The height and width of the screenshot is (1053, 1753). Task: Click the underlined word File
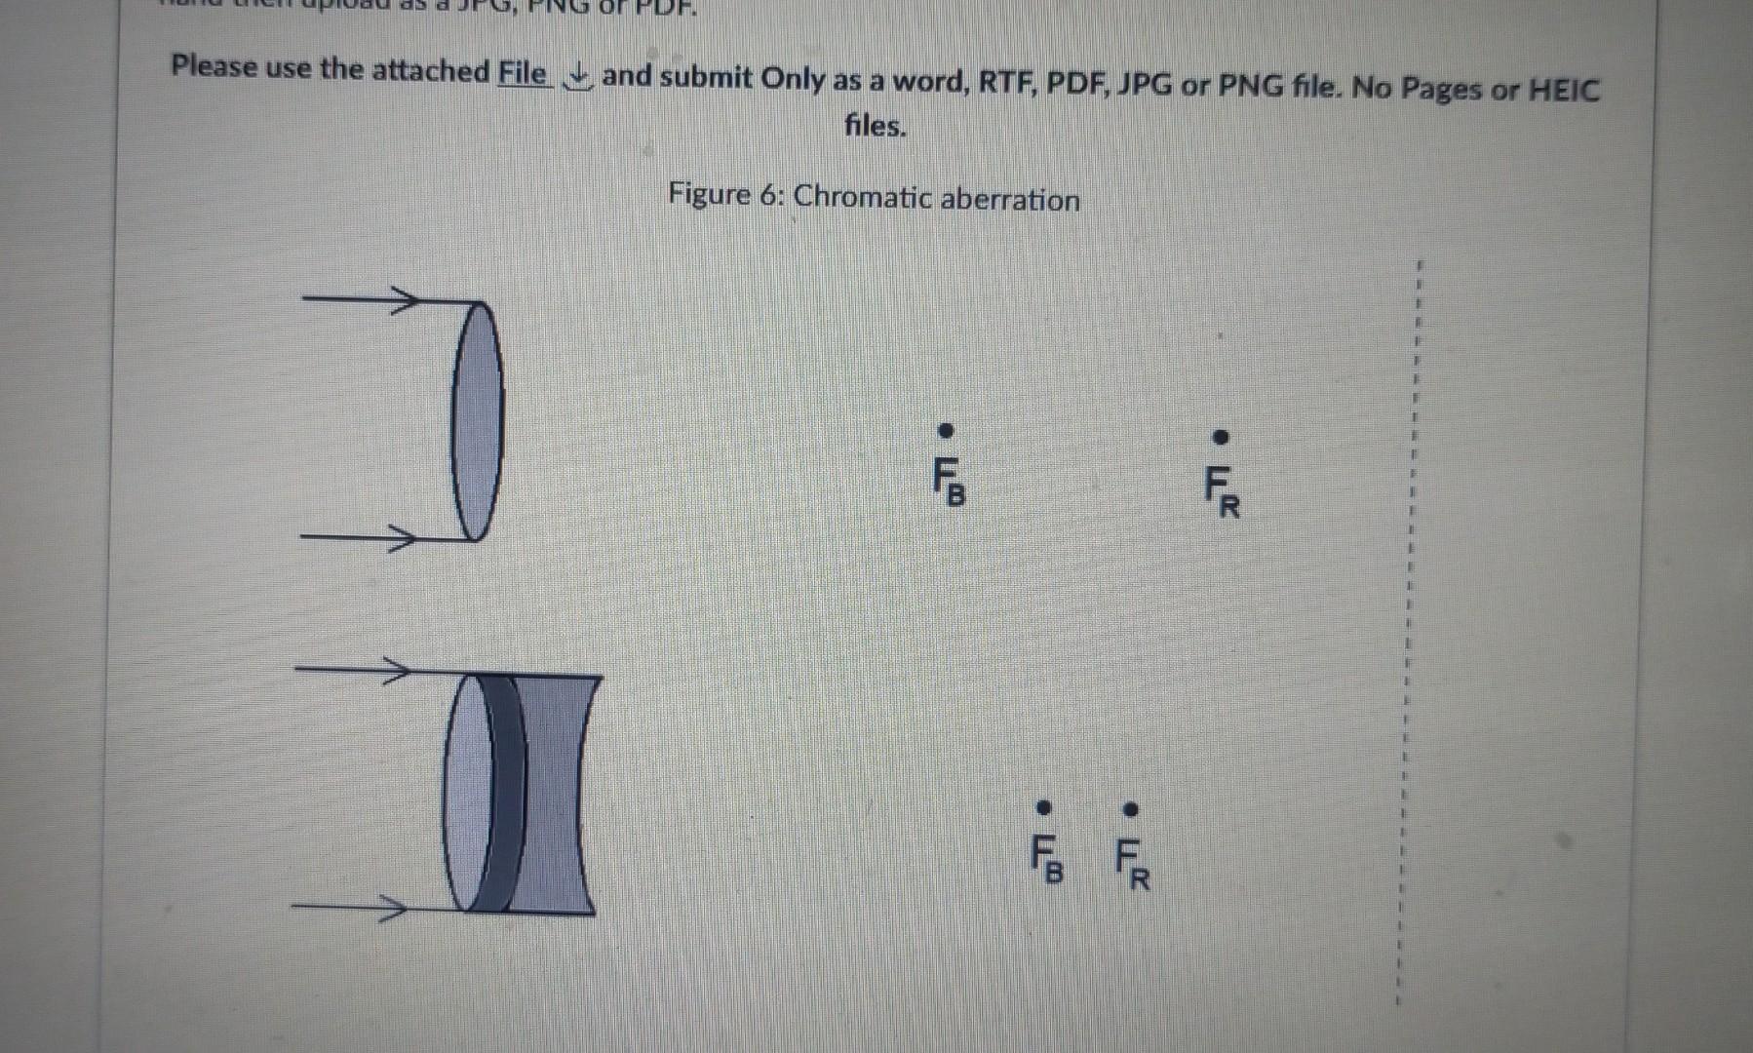pos(522,72)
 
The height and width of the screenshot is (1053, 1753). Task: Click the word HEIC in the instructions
pos(1563,91)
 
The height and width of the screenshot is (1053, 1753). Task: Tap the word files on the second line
pos(875,126)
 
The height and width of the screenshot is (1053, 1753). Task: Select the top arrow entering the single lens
pos(362,296)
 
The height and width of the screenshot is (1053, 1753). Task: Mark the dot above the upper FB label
pos(945,430)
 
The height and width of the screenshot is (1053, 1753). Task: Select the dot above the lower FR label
pos(1131,809)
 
